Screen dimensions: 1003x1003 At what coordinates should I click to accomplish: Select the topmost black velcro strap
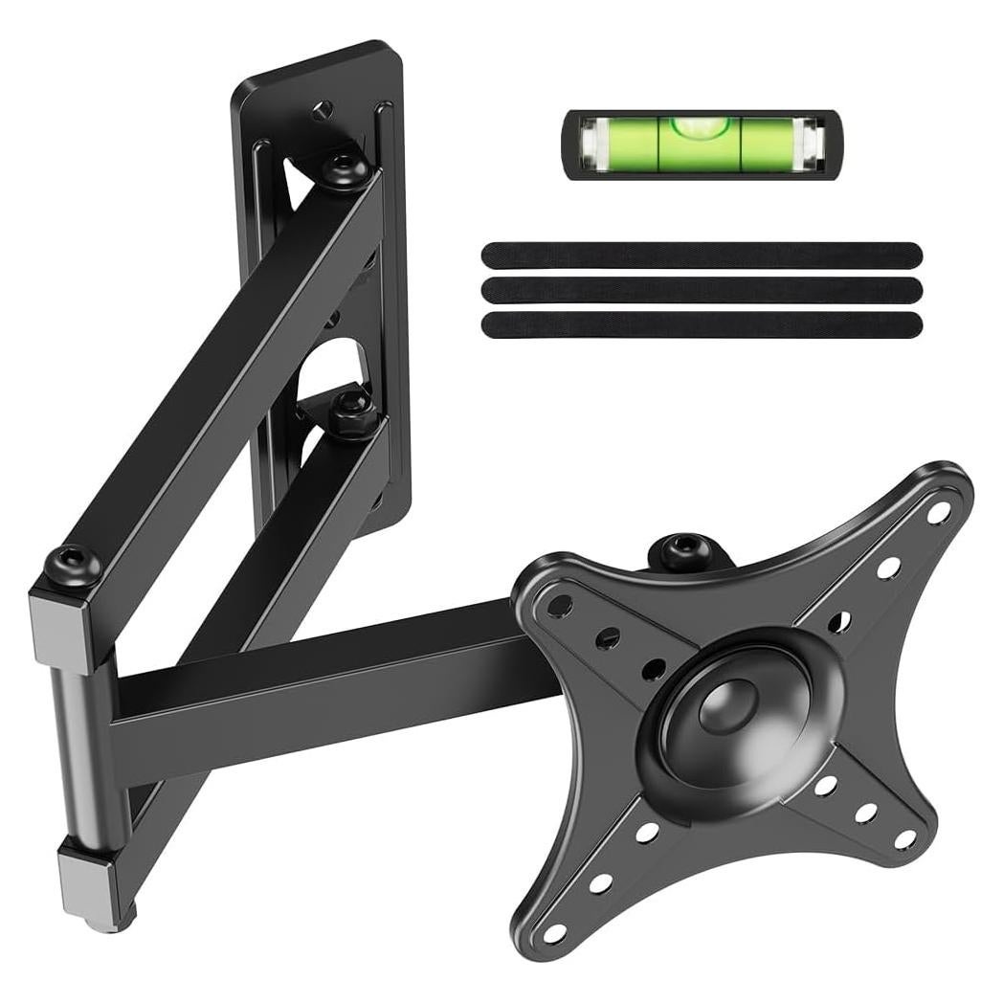pos(702,256)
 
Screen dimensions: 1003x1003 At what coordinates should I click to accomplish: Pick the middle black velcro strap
pos(702,290)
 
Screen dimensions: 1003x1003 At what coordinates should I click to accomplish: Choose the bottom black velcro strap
pos(702,324)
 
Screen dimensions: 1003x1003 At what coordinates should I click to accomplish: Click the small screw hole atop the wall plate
pos(323,108)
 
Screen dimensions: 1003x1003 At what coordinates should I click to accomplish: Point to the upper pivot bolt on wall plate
pos(345,171)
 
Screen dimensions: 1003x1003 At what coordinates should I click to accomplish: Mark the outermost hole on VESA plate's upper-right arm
pos(939,512)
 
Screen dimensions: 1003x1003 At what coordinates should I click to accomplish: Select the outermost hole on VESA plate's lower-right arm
pos(904,838)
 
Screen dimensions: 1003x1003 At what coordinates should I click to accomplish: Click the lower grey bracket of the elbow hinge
pos(91,876)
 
